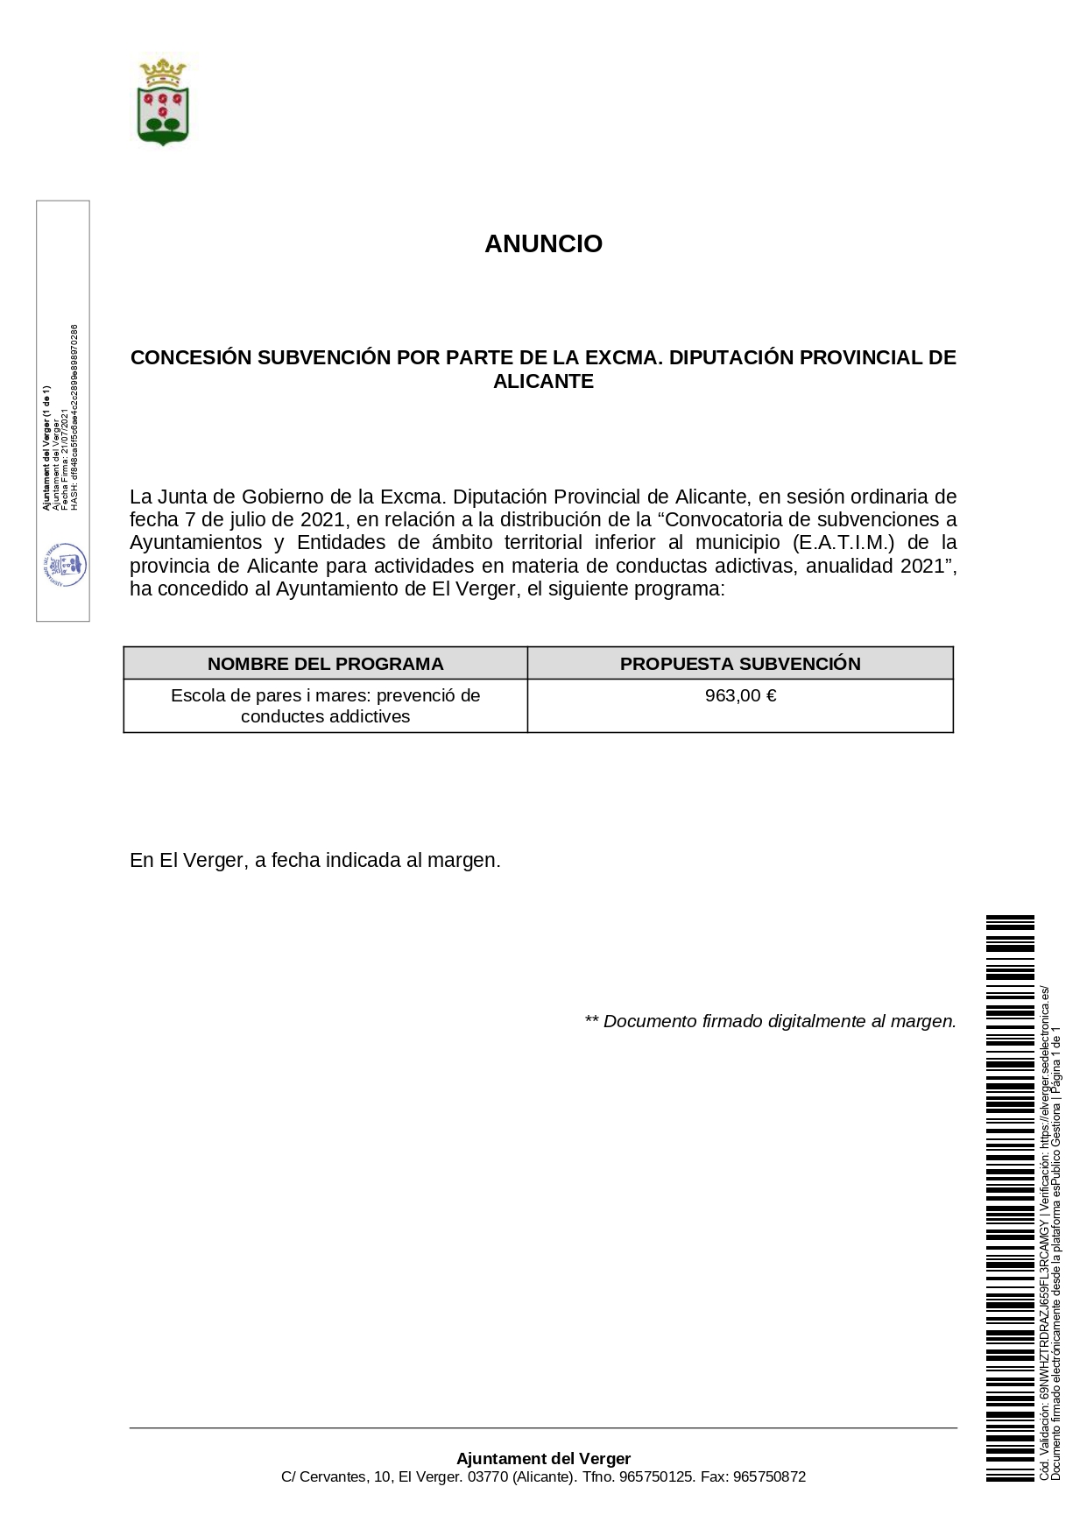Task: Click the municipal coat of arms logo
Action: tap(163, 102)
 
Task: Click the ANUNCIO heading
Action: tap(543, 243)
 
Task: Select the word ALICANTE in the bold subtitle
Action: tap(543, 381)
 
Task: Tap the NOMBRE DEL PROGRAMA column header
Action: tap(325, 664)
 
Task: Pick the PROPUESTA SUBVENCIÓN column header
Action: tap(740, 664)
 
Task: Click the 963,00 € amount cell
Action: tap(740, 696)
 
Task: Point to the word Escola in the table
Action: tap(197, 695)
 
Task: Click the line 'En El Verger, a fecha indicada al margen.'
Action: tap(314, 860)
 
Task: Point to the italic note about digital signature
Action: tap(770, 1021)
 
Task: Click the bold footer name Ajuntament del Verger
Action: tap(543, 1459)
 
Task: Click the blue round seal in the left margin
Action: tap(65, 565)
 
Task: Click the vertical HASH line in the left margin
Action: tap(74, 417)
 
